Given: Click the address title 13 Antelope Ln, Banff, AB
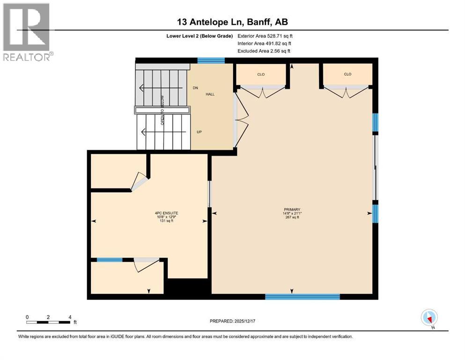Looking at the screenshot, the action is coord(232,22).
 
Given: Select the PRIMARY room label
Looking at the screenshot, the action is coord(292,210).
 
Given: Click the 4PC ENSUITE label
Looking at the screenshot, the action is coord(166,213).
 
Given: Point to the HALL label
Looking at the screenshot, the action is coord(210,94).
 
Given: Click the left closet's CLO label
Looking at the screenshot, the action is coord(261,75).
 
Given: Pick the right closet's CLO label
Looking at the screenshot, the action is coord(347,74).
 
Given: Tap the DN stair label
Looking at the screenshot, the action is coord(195,88).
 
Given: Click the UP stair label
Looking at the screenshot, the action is coord(199,132).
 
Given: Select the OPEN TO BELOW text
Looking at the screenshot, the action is coord(162,110).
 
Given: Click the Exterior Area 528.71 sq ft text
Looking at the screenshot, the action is coord(265,36).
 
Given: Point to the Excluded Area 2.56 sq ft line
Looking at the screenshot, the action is coord(264,51).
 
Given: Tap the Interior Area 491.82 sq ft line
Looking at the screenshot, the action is coord(264,44).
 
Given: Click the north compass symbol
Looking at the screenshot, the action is coord(429,318).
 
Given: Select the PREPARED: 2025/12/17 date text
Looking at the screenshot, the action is coord(232,321).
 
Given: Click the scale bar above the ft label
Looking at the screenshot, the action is coord(48,322).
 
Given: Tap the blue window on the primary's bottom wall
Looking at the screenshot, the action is coord(302,297).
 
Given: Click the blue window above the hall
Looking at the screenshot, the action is coord(211,60).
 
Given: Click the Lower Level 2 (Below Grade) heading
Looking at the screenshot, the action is coord(199,36).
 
